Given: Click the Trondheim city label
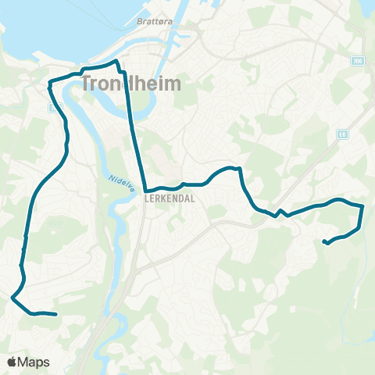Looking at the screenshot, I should [132, 82].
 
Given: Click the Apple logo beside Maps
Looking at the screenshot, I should [12, 362].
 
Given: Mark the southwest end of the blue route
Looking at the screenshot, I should [56, 315].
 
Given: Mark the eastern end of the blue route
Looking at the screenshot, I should [323, 242].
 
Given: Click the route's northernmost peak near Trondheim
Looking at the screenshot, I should [116, 61].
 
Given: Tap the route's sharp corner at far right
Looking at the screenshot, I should [363, 205].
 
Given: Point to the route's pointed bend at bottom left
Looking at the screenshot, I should [12, 297].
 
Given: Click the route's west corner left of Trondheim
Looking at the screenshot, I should [50, 82].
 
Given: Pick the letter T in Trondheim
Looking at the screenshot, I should [87, 83].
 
